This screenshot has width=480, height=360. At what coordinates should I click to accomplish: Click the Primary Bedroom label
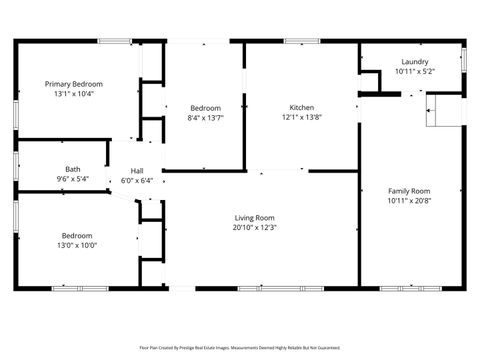pyautogui.click(x=73, y=84)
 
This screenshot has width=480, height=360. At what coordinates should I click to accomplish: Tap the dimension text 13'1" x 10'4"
pyautogui.click(x=73, y=94)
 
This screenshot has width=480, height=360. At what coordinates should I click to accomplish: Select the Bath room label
pyautogui.click(x=73, y=169)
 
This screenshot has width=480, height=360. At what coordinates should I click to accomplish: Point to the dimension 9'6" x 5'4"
pyautogui.click(x=73, y=179)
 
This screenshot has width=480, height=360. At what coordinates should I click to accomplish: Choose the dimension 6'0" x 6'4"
pyautogui.click(x=137, y=181)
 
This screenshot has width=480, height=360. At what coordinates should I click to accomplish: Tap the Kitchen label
pyautogui.click(x=302, y=107)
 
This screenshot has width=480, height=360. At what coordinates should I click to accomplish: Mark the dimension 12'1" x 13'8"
pyautogui.click(x=302, y=117)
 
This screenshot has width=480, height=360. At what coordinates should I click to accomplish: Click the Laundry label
pyautogui.click(x=413, y=61)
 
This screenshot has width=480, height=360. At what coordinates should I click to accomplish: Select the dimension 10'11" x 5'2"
pyautogui.click(x=413, y=71)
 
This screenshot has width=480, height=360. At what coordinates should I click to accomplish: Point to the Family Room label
pyautogui.click(x=409, y=191)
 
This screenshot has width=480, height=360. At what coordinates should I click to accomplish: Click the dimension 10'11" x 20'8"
pyautogui.click(x=409, y=201)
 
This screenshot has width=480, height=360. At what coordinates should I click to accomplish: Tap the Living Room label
pyautogui.click(x=255, y=217)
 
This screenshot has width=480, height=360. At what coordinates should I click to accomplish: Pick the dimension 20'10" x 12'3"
pyautogui.click(x=255, y=227)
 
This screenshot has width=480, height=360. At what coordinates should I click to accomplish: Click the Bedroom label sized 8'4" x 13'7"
pyautogui.click(x=205, y=107)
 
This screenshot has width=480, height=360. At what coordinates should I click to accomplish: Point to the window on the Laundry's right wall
pyautogui.click(x=464, y=59)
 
